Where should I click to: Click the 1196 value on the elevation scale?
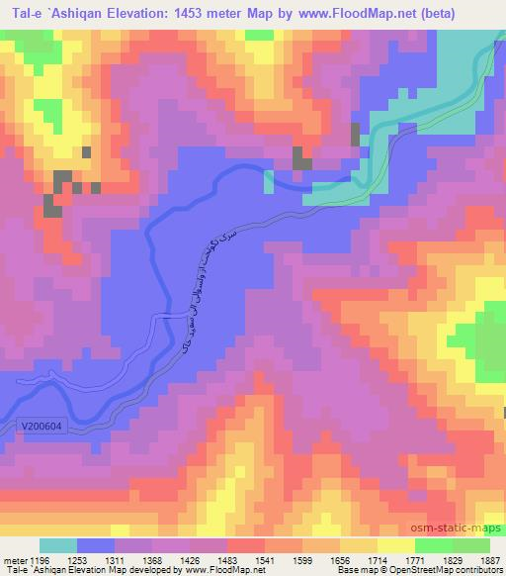(41, 560)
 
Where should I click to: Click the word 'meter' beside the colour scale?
(15, 560)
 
